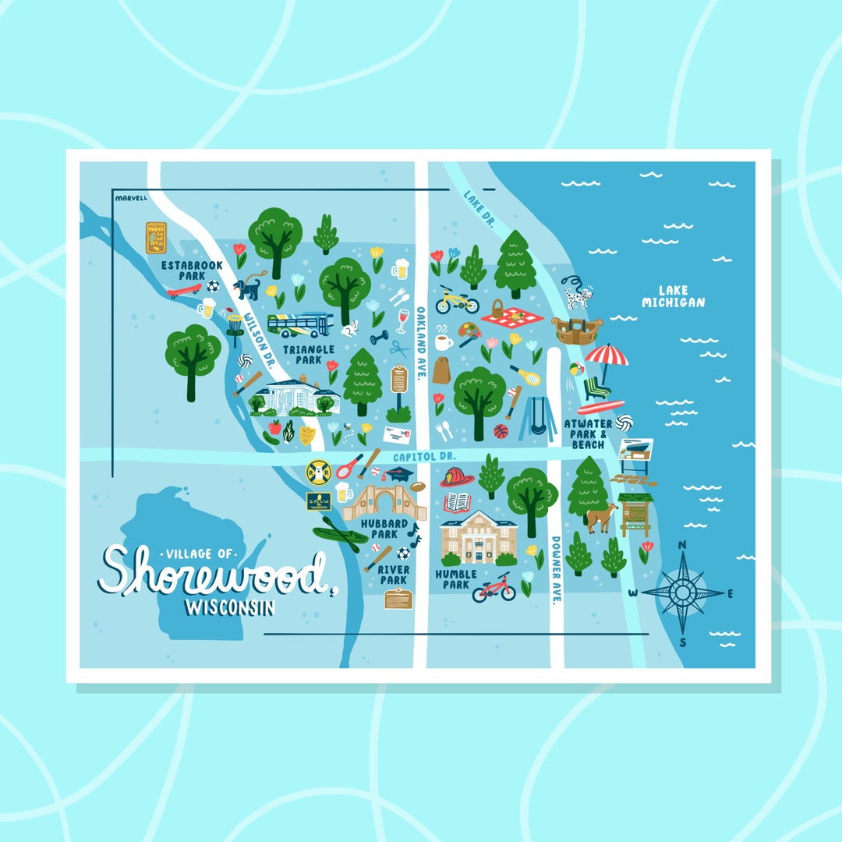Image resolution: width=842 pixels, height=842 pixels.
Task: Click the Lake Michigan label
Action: (x=673, y=296)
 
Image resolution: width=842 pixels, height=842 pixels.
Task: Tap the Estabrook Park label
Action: (x=192, y=271)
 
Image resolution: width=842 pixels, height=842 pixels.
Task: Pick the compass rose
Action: (x=683, y=593)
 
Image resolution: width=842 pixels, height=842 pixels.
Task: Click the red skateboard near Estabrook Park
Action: (x=184, y=290)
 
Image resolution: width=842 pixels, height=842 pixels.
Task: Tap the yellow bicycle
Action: (x=456, y=299)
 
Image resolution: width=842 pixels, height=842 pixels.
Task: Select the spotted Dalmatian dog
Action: (x=578, y=296)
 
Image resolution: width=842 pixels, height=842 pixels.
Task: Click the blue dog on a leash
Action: (x=248, y=288)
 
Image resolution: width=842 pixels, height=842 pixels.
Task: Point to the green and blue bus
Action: (x=300, y=324)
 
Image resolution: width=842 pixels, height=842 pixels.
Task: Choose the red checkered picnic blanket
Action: (x=508, y=317)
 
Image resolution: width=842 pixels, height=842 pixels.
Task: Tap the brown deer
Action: (x=600, y=516)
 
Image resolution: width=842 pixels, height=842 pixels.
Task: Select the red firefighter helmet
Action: (x=457, y=476)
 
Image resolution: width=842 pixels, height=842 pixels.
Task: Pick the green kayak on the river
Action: (x=340, y=536)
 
